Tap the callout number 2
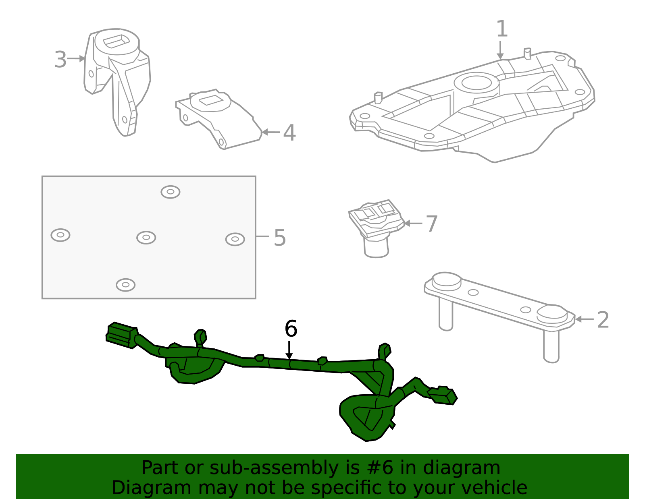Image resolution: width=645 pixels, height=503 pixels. [x=602, y=320]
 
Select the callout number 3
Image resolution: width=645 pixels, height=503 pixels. [x=60, y=60]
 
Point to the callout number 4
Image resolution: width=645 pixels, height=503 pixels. [x=289, y=132]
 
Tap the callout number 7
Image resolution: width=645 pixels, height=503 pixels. [x=431, y=224]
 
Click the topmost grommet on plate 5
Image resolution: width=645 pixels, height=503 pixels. [x=170, y=192]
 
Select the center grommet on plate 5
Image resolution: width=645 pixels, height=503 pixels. [x=146, y=238]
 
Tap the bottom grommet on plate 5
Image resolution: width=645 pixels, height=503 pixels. [x=125, y=285]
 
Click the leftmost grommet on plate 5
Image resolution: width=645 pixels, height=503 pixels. [x=60, y=235]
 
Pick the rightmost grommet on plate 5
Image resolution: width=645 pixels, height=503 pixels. [x=235, y=239]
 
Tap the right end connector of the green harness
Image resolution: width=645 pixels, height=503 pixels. [x=443, y=395]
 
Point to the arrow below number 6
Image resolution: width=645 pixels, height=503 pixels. [x=289, y=350]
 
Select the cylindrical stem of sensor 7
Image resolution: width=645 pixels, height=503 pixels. [x=376, y=248]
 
